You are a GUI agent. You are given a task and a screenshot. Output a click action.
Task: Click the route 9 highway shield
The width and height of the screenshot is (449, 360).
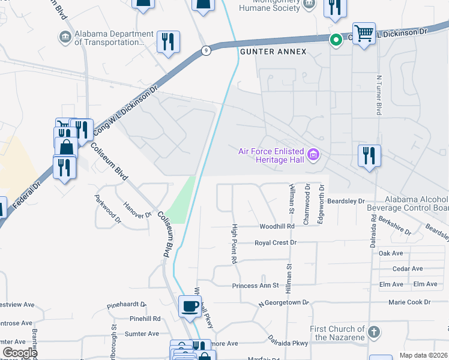click(x=205, y=50)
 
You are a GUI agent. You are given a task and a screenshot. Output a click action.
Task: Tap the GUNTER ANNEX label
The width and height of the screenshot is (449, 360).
click(x=273, y=52)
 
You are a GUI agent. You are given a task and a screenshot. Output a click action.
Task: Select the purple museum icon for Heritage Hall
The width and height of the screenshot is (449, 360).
click(x=312, y=155)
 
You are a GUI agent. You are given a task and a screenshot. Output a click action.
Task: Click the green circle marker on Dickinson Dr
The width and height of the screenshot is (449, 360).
click(x=337, y=40)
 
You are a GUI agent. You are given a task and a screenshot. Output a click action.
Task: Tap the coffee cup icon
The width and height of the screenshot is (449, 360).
click(x=190, y=306)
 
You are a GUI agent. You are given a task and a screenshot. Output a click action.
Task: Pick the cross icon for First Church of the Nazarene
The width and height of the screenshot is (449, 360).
click(x=373, y=332)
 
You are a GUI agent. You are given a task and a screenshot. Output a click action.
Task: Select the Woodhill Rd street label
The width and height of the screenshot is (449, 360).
click(x=277, y=226)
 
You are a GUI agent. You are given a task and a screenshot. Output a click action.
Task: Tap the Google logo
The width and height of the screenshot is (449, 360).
click(x=20, y=353)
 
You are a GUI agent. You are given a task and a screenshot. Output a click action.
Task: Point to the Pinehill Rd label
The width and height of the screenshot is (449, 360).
click(x=145, y=319)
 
